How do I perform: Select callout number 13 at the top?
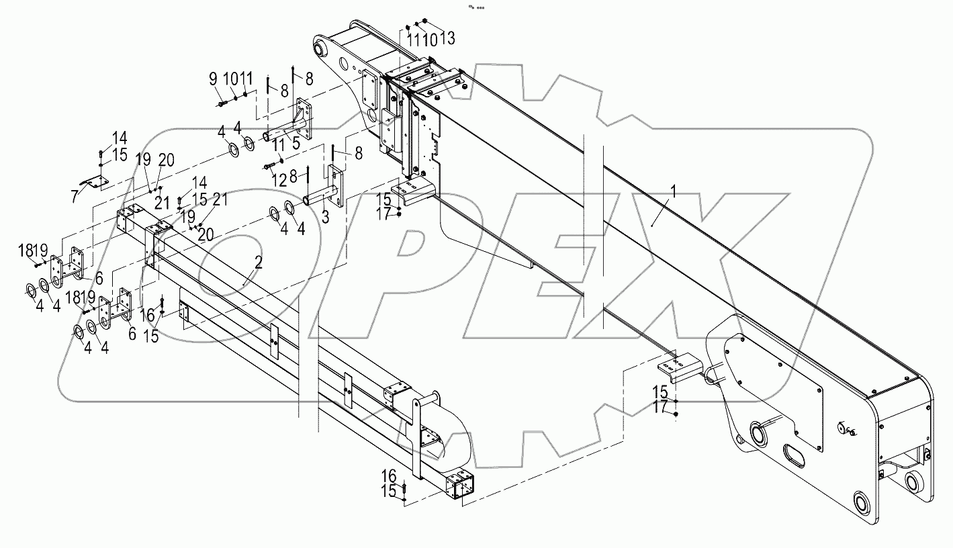449,40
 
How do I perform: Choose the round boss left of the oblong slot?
759,434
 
